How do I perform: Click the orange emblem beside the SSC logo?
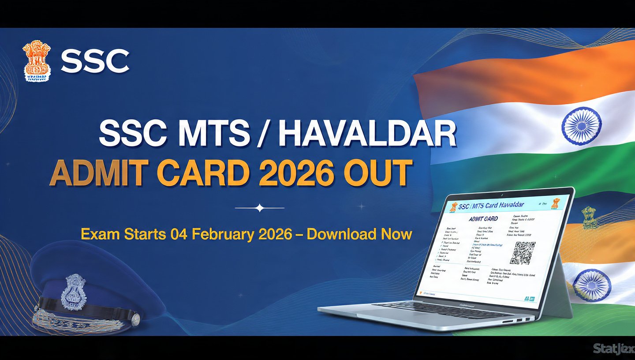tap(37, 61)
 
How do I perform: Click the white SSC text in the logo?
tap(95, 61)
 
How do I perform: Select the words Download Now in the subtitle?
tap(359, 234)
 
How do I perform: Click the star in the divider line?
tap(260, 207)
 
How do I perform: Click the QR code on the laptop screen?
tap(523, 253)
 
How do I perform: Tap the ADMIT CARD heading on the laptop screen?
tap(483, 219)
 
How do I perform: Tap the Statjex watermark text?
tap(613, 349)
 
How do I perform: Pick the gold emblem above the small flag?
tap(589, 217)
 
